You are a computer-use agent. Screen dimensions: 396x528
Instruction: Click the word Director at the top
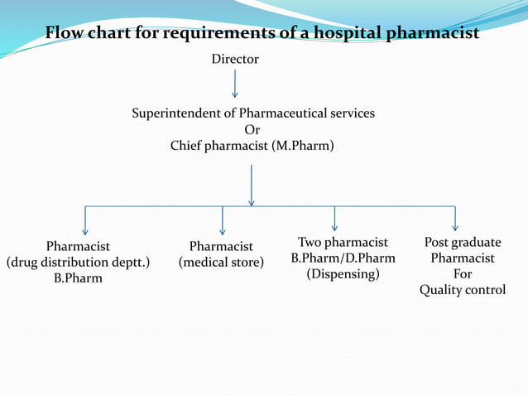(x=235, y=60)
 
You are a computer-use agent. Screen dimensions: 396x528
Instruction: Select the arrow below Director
(x=235, y=84)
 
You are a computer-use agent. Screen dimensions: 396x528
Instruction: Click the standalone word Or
(x=252, y=129)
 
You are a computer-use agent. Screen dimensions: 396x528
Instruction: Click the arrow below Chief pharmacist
(x=251, y=185)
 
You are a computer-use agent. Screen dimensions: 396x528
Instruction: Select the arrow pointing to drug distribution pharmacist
(x=85, y=220)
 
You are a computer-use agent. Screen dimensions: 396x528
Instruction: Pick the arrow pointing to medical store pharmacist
(x=223, y=220)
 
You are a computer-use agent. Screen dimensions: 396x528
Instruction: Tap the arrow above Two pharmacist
(x=334, y=219)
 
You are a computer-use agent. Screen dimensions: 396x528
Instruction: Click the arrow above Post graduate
(x=455, y=219)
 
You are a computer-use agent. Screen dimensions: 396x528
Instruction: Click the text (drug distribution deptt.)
(x=78, y=263)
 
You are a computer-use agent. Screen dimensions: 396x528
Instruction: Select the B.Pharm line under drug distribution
(x=78, y=278)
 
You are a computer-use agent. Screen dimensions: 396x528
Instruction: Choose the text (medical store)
(x=221, y=263)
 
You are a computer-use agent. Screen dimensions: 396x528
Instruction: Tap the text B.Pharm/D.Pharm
(x=343, y=258)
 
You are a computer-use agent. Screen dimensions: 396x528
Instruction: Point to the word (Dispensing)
(x=343, y=274)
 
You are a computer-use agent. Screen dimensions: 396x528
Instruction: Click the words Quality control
(x=462, y=290)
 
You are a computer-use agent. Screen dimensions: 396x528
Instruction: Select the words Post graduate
(x=462, y=243)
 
